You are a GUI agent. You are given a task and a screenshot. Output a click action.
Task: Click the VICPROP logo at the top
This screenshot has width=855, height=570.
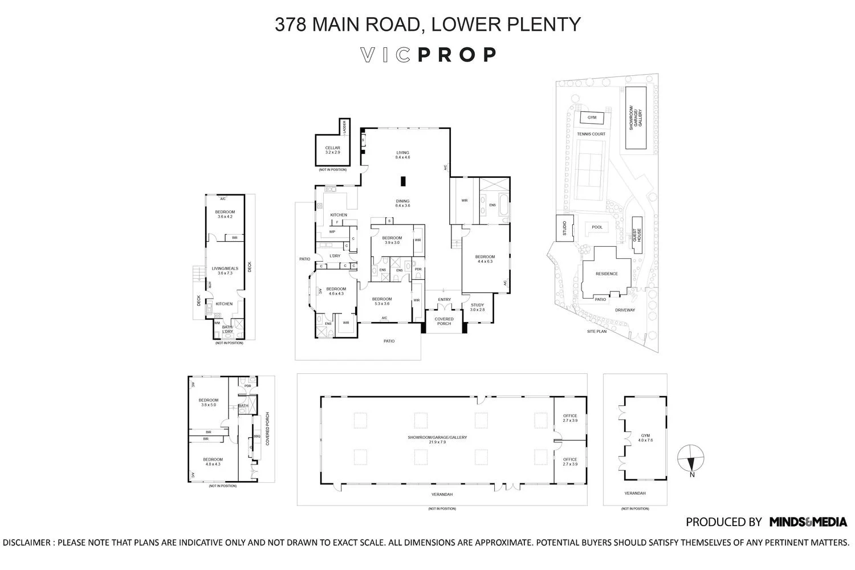point(429,55)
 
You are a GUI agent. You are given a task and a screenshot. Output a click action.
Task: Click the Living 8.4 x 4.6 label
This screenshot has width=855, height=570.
point(403,155)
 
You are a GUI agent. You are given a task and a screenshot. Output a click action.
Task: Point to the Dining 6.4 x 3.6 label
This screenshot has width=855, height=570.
point(403,203)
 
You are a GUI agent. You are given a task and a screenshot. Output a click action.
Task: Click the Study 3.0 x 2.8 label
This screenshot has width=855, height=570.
point(477,307)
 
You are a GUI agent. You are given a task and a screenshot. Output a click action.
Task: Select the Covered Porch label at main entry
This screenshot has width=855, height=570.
point(444,321)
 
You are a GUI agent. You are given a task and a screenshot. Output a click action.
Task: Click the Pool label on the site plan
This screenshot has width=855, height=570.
point(597,227)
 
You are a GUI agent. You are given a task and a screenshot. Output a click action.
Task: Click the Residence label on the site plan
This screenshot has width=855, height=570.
point(606,274)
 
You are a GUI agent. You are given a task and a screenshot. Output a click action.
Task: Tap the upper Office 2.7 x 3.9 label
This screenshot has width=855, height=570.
point(570,418)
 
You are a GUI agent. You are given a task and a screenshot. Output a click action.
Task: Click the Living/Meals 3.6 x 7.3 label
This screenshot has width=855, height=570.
point(225,271)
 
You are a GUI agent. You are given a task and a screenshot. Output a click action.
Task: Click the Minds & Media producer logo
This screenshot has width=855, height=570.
point(808,522)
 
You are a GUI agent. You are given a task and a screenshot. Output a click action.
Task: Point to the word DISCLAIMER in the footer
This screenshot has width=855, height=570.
point(27,543)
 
